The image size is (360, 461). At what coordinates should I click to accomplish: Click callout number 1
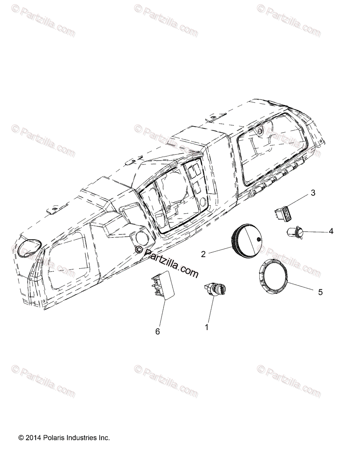pyautogui.click(x=207, y=328)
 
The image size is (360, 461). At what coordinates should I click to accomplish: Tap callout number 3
pyautogui.click(x=313, y=192)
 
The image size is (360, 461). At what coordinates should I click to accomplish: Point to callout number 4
pyautogui.click(x=330, y=231)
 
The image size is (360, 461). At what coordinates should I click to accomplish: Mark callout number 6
pyautogui.click(x=157, y=332)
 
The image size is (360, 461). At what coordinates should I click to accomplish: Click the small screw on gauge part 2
pyautogui.click(x=259, y=240)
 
